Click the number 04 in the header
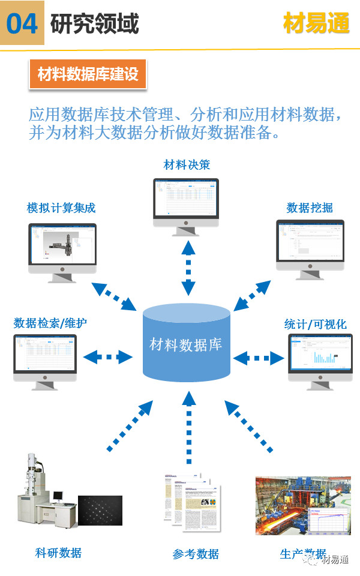click(22, 23)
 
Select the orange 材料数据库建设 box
click(88, 74)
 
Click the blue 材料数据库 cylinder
click(186, 345)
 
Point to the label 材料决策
click(187, 164)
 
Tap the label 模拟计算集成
click(61, 208)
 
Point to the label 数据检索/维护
click(50, 323)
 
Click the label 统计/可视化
click(316, 325)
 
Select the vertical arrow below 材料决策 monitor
click(188, 266)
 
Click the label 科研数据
click(58, 553)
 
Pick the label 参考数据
click(196, 554)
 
